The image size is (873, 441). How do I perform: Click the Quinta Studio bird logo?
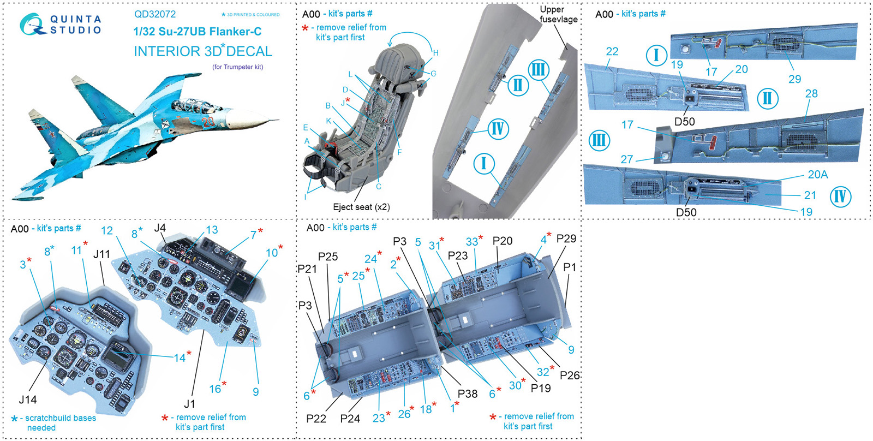coord(32,25)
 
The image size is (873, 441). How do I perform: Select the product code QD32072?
coord(155,15)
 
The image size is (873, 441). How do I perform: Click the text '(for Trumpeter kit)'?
coord(237,67)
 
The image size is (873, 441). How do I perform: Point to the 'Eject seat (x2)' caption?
coord(361,207)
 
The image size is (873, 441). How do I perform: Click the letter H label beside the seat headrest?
coord(436,53)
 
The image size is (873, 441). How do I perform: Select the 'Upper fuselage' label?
coord(558,15)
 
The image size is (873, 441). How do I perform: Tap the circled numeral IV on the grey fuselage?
coord(498,129)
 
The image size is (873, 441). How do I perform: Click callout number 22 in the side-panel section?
coord(612,51)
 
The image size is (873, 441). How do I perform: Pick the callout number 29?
coord(794,79)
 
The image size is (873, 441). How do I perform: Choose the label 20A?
coord(817,175)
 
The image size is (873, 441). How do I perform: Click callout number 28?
coord(811,93)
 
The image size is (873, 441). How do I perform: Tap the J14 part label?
coord(28,400)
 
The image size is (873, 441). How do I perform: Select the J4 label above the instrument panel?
coord(160,228)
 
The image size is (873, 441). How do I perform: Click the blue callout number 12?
coord(107,231)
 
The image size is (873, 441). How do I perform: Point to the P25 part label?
coord(328,257)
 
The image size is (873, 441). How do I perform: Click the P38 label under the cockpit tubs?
coord(468,394)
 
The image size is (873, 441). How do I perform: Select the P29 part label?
coord(566,239)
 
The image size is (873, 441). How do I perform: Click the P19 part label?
coord(541,388)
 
